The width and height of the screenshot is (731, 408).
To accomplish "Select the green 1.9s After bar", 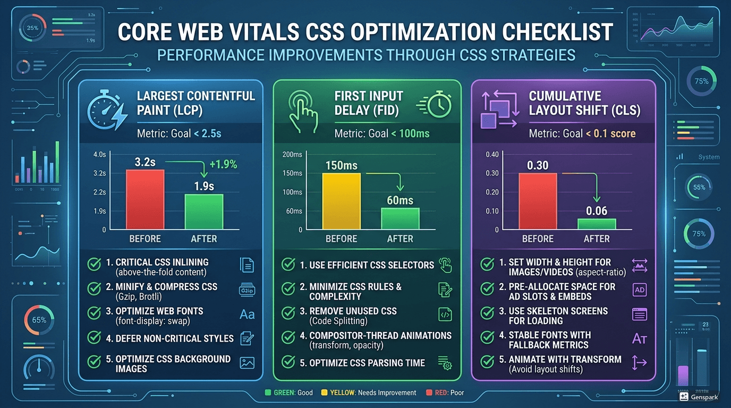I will tap(204, 212).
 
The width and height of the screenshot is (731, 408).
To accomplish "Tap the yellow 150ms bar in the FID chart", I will tap(342, 201).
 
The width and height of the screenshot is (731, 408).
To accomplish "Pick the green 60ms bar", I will tap(400, 219).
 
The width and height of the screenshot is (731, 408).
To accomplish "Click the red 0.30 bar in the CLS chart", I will tap(538, 201).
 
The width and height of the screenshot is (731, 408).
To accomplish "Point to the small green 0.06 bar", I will tap(597, 224).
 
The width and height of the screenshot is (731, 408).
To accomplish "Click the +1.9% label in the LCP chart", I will tap(223, 165).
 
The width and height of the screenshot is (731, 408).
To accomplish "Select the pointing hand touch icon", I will tap(301, 110).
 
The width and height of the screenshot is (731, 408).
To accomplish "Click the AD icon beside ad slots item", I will tap(640, 290).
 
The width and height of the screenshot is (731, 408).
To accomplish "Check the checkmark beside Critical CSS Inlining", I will tap(94, 265).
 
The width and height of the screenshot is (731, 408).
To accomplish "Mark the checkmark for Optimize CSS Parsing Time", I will tap(288, 362).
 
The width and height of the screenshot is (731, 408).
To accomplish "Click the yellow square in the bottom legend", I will tap(324, 393).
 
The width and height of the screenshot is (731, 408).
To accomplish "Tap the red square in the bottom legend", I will tap(429, 393).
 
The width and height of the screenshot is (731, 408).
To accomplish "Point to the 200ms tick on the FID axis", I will tap(292, 155).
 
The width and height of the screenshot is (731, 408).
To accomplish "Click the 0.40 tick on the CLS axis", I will tap(492, 155).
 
